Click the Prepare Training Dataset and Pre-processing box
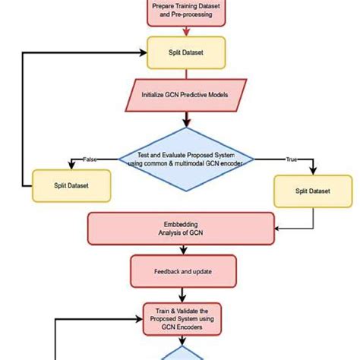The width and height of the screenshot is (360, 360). tap(186, 11)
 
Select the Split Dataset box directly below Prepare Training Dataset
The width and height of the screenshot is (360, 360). tap(186, 52)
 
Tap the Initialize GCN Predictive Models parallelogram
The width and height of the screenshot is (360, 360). tap(185, 95)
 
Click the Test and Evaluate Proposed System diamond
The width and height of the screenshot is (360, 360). tap(186, 159)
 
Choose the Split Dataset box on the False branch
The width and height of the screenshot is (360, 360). tap(71, 185)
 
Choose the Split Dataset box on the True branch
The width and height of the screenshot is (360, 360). tap(313, 192)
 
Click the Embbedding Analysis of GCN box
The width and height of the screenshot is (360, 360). tap(181, 229)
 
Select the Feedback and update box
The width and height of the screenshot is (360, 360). tap(183, 271)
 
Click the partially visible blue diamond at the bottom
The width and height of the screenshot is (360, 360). tap(185, 354)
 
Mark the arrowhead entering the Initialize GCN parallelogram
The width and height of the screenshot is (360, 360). tap(185, 77)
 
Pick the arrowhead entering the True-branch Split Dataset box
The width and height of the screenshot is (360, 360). tap(313, 173)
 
